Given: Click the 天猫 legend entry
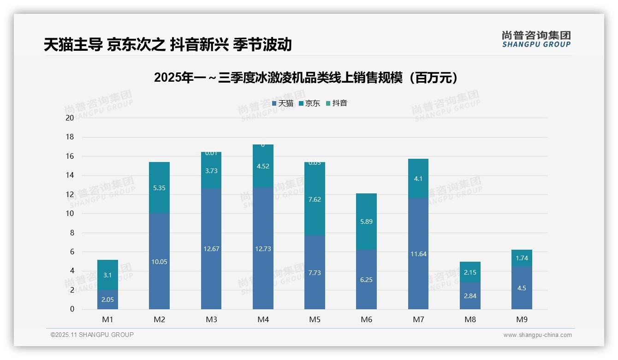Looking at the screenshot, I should (x=283, y=103).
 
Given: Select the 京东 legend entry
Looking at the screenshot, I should (x=309, y=103).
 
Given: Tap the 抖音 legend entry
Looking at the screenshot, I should (x=337, y=103).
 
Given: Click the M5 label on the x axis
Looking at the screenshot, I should (x=315, y=319).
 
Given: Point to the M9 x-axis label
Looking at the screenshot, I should (x=522, y=319).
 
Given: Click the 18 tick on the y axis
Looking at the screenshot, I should (x=70, y=137).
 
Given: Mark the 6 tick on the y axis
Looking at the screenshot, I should (x=71, y=252).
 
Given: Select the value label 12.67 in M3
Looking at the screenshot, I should (x=211, y=249).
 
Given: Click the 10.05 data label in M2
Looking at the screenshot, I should (x=160, y=262).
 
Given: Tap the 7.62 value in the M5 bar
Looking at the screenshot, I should (x=315, y=199).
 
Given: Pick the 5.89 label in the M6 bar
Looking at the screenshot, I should (x=366, y=222).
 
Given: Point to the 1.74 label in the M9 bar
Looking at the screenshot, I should (x=522, y=258).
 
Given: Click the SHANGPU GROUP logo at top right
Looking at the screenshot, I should (x=536, y=39).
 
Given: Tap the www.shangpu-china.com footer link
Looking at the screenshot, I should (x=537, y=335).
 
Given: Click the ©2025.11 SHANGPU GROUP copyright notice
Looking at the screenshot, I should (x=92, y=335).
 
